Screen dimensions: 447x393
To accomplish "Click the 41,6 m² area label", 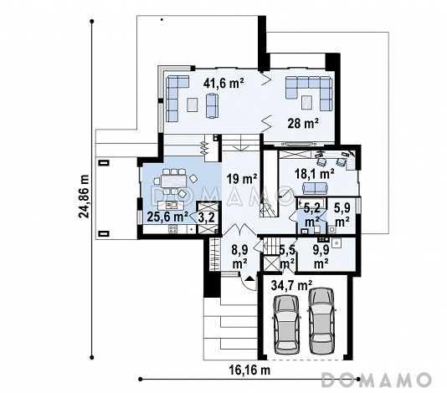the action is pyautogui.click(x=223, y=83).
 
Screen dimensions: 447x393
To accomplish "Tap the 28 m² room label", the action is pyautogui.click(x=303, y=123).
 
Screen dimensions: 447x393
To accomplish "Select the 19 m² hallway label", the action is pyautogui.click(x=242, y=179).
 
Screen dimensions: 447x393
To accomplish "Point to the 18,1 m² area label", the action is pyautogui.click(x=315, y=174).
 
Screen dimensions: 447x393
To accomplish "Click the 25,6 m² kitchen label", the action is pyautogui.click(x=167, y=217).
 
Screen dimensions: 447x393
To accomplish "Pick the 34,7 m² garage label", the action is pyautogui.click(x=291, y=285).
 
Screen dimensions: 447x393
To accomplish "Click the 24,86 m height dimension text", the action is pyautogui.click(x=84, y=196).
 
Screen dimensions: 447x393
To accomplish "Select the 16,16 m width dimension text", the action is pyautogui.click(x=249, y=370).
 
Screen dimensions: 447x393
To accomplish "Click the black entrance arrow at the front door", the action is pyautogui.click(x=249, y=278).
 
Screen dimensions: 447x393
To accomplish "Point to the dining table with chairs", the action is pyautogui.click(x=174, y=181).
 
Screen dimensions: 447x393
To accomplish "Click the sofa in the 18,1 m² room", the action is pyautogui.click(x=315, y=188).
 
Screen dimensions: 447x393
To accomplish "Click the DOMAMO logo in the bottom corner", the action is pyautogui.click(x=377, y=380).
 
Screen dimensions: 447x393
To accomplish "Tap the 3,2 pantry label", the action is pyautogui.click(x=206, y=217).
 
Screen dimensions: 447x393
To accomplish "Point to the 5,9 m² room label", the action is pyautogui.click(x=342, y=215).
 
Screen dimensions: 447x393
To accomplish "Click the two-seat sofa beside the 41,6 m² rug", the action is pyautogui.click(x=212, y=105).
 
